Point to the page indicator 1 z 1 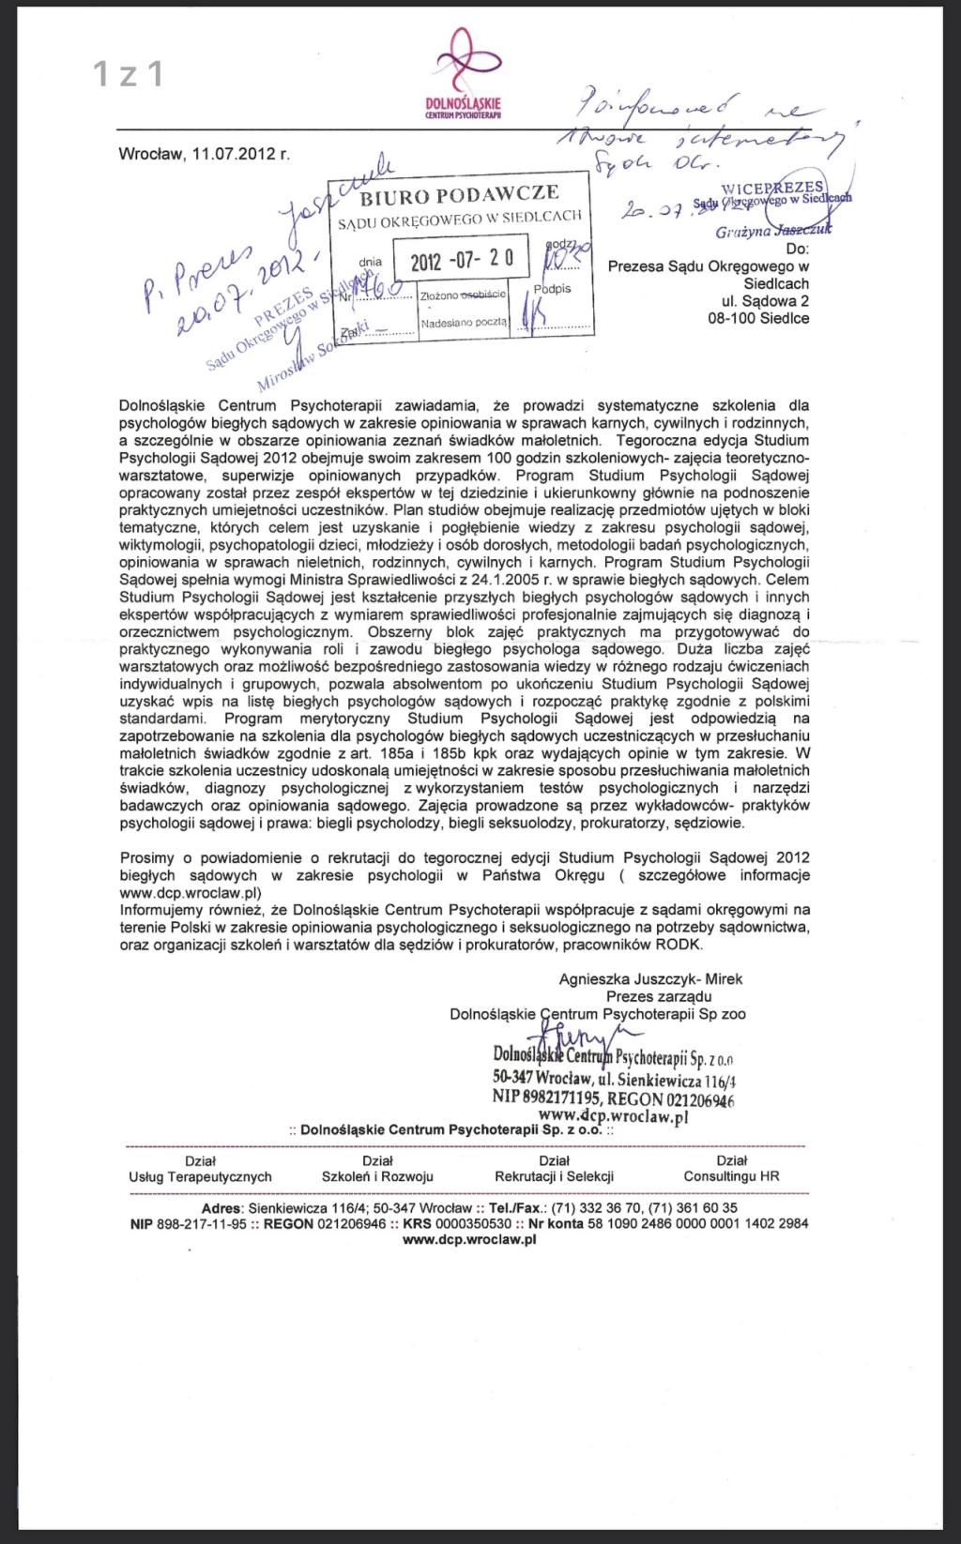point(129,74)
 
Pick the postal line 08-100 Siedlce point(758,318)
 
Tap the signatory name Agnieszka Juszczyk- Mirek point(650,978)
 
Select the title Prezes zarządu point(659,996)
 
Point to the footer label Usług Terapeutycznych point(200,1176)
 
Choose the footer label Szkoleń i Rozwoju point(377,1176)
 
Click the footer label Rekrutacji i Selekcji point(554,1176)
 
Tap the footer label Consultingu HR point(731,1176)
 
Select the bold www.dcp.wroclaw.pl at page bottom point(468,1239)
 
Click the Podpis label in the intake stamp point(552,288)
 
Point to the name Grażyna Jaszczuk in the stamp point(772,231)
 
